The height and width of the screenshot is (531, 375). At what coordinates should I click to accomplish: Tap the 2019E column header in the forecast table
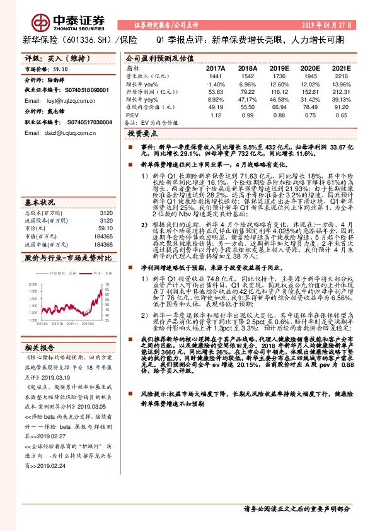(277, 67)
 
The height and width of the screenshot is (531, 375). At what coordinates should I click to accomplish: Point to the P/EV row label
(132, 115)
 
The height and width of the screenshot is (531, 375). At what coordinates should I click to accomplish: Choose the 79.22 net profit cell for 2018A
(247, 91)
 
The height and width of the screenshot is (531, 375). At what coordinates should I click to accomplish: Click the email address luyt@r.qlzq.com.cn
(67, 100)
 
